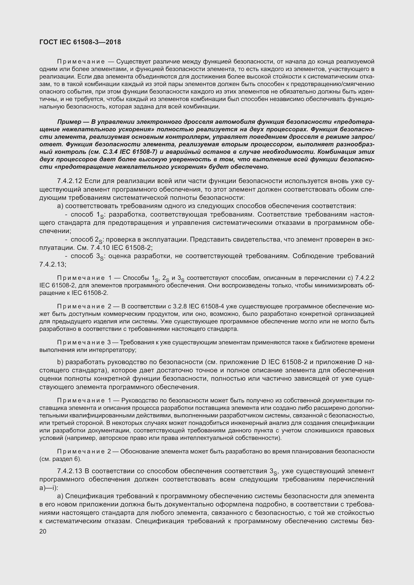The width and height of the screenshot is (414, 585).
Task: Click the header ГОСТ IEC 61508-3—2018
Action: click(x=80, y=42)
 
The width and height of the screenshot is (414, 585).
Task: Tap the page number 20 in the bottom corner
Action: click(x=43, y=531)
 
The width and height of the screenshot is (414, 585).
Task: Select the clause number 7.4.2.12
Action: click(x=70, y=181)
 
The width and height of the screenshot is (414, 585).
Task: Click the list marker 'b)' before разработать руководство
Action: click(x=60, y=362)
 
